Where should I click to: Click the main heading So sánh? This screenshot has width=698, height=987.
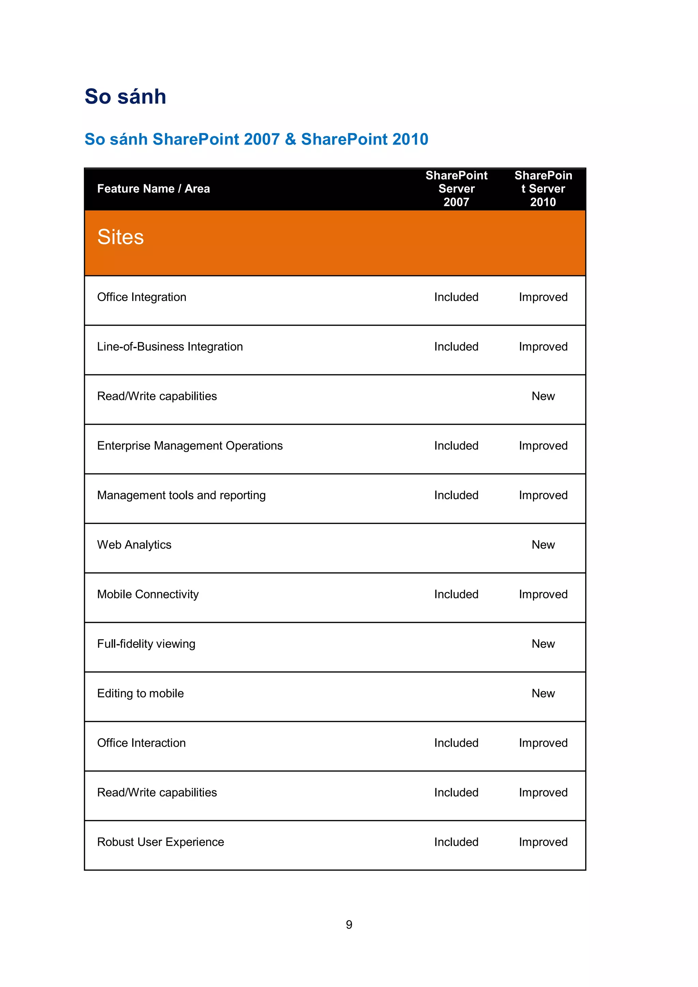[x=125, y=96]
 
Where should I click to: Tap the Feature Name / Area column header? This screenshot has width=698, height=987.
[x=153, y=189]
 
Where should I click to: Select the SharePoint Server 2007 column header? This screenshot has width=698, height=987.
[x=456, y=189]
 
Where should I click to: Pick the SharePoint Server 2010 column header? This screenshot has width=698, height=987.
[x=543, y=189]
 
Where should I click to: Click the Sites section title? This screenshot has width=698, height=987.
[x=120, y=237]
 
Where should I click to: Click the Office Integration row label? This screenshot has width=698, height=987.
[x=141, y=297]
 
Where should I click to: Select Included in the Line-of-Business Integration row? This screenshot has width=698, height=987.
[x=456, y=346]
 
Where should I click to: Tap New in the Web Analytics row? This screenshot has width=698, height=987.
[x=543, y=545]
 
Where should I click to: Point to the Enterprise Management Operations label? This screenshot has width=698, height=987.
[x=189, y=446]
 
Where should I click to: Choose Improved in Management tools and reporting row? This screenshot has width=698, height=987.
[x=543, y=495]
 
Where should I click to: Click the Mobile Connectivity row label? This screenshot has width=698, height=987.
[x=148, y=594]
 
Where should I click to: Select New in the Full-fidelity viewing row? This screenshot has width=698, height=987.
[x=543, y=644]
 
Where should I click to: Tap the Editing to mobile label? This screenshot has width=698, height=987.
[x=140, y=693]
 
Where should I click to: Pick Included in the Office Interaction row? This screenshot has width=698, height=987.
[x=456, y=743]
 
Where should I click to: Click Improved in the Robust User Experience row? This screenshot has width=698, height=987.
[x=543, y=842]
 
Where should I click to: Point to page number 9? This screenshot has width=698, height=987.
[x=349, y=925]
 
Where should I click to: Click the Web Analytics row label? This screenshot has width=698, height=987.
[x=134, y=545]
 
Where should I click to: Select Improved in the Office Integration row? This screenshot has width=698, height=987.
[x=543, y=297]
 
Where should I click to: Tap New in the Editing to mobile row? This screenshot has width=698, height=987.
[x=543, y=693]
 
